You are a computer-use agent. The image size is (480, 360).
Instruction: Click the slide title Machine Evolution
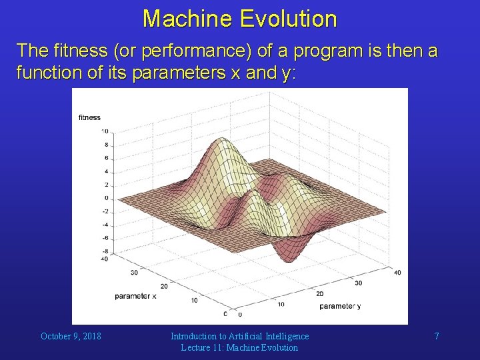pos(239,18)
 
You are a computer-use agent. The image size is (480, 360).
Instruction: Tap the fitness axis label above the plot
pos(90,117)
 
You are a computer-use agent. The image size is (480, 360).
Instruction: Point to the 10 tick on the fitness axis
pos(105,131)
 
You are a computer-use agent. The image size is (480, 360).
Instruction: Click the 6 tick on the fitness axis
pos(106,158)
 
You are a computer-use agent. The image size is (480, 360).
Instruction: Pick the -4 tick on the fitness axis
pos(105,225)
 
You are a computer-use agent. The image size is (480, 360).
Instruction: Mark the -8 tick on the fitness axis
pos(105,251)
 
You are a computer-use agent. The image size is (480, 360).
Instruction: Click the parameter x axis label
pos(135,296)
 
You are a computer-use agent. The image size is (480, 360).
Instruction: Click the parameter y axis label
pos(340,306)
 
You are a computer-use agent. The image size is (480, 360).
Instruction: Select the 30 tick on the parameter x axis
pos(134,272)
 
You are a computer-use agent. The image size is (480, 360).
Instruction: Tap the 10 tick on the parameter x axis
pos(194,300)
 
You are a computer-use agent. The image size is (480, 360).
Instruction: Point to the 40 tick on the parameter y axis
pos(398,271)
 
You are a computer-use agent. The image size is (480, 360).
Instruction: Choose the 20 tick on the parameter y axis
pos(319,293)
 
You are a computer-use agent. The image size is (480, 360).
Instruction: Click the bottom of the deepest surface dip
pos(287,259)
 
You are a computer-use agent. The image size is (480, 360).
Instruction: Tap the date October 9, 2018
pos(71,336)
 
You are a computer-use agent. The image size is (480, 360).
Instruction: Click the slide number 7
pos(437,336)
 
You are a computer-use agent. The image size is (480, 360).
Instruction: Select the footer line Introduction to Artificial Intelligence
pos(239,336)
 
